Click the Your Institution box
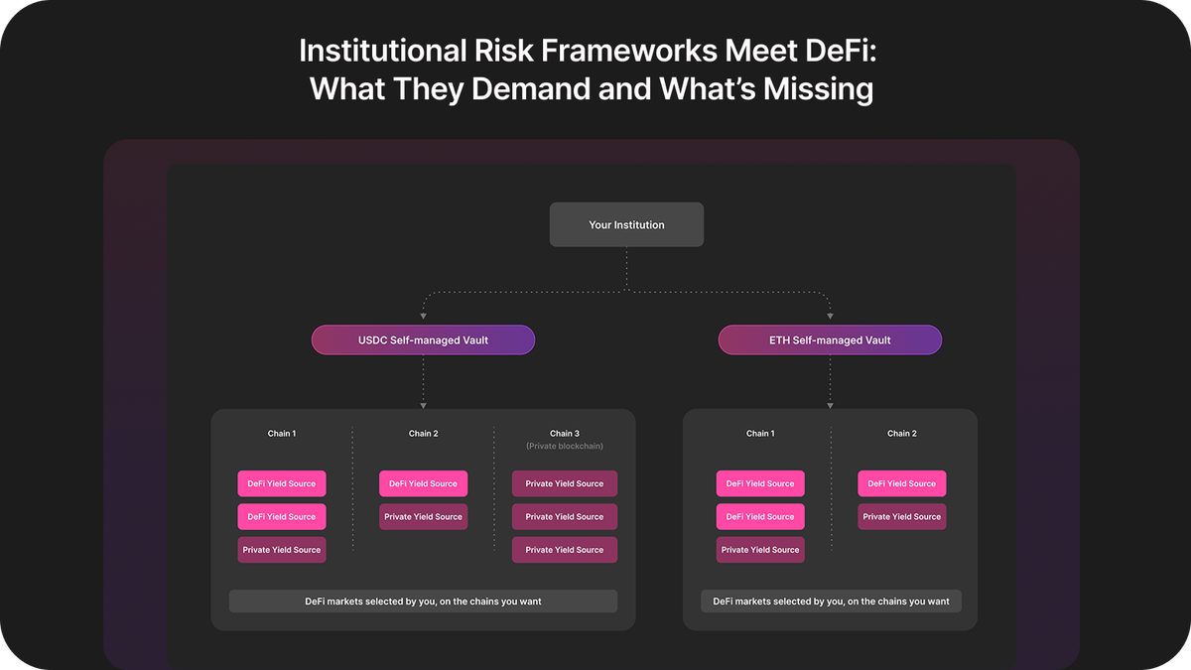click(x=626, y=225)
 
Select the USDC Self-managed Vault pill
click(x=423, y=340)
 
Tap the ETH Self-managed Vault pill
click(x=830, y=340)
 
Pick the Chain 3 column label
click(x=564, y=434)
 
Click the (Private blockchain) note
click(x=564, y=447)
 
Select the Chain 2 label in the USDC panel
click(x=423, y=434)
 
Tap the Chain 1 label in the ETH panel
click(x=760, y=434)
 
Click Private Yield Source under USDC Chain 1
click(x=282, y=550)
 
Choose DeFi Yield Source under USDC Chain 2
click(x=423, y=483)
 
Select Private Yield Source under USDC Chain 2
click(x=423, y=517)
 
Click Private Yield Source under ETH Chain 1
click(x=760, y=550)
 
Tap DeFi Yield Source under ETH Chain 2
click(x=902, y=483)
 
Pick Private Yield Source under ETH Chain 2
click(x=902, y=517)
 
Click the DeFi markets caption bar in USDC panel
click(x=423, y=602)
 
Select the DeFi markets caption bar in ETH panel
click(x=831, y=602)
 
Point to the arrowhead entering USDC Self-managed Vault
click(x=424, y=318)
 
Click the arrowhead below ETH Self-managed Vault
click(x=830, y=405)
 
